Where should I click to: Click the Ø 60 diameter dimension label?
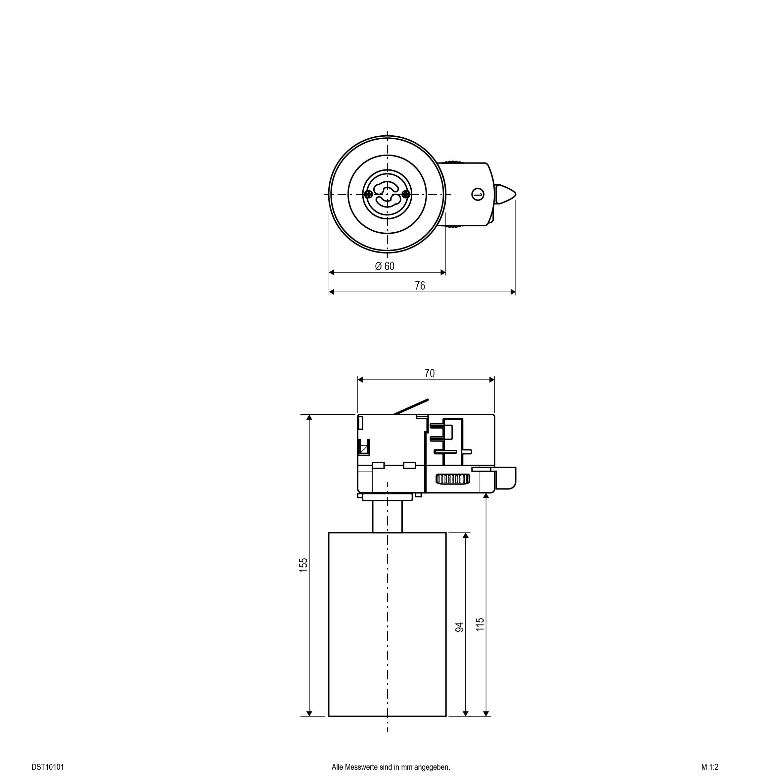click(385, 266)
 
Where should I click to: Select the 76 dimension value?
click(420, 286)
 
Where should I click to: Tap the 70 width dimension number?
click(430, 373)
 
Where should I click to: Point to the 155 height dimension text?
click(303, 565)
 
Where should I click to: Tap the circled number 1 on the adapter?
click(478, 194)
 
